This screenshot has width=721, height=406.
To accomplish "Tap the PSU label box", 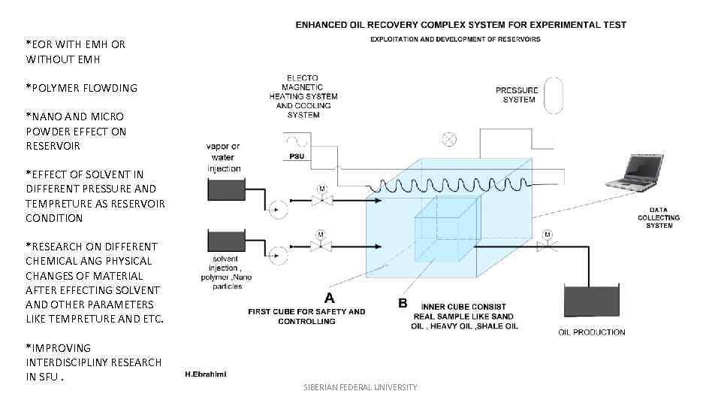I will (297, 156).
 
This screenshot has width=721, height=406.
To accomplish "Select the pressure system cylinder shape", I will (554, 95).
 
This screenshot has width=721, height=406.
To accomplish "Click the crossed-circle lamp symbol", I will (449, 138).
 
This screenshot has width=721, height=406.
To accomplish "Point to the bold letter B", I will (403, 303).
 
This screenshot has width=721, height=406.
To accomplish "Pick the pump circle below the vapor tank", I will (278, 210).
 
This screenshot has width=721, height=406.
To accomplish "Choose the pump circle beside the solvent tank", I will (278, 250).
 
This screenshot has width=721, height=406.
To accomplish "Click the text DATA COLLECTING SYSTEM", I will (658, 218).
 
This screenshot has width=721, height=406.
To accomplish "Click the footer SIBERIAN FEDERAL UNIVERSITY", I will (360, 387).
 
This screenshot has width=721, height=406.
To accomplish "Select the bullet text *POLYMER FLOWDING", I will (82, 88).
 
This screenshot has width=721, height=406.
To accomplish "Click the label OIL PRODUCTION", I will (592, 332).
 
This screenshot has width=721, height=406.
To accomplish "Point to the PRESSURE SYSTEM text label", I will (517, 95).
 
